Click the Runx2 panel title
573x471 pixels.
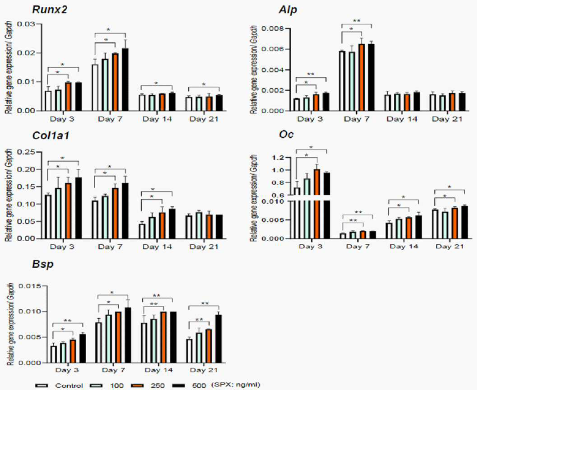point(50,9)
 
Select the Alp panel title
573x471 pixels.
point(288,10)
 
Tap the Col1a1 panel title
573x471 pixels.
point(51,135)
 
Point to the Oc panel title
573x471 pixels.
point(286,134)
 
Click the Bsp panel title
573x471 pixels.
point(42,264)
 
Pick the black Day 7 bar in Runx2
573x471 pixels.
point(125,79)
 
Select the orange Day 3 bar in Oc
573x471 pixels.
point(317,204)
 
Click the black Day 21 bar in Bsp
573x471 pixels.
point(219,339)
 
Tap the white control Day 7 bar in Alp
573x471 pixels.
point(342,81)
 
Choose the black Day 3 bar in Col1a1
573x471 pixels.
point(78,208)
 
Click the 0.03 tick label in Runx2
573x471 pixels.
point(26,24)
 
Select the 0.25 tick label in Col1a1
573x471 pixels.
point(26,152)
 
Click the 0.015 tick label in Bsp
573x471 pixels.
point(30,286)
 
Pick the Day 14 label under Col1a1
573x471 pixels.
point(157,247)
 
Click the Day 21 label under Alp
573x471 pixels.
point(447,119)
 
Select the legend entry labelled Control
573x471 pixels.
point(59,386)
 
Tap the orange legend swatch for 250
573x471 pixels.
point(137,386)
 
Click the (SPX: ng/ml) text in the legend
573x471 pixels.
point(236,385)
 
